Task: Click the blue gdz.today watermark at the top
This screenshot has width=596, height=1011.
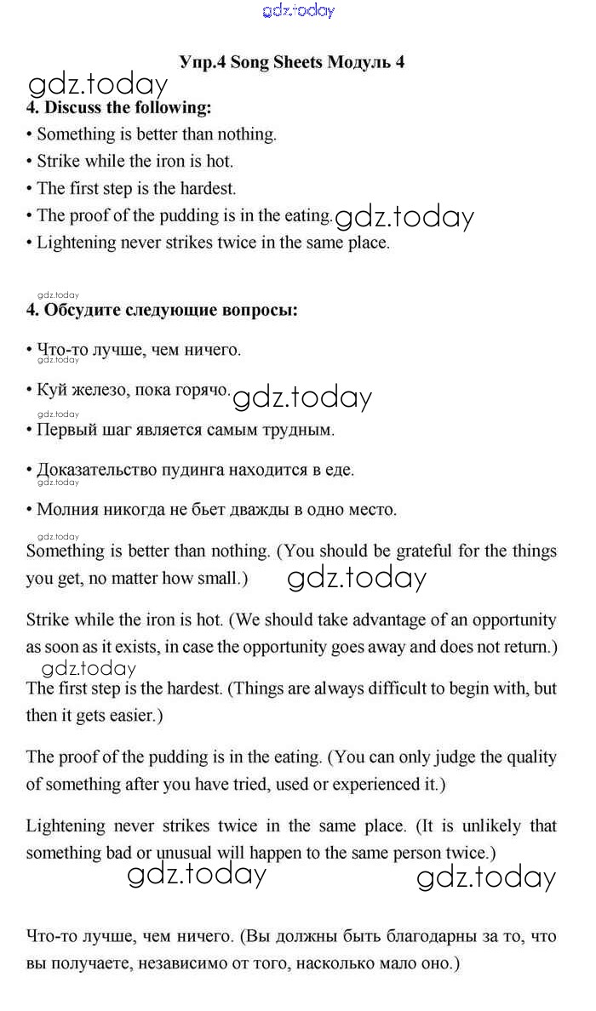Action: click(x=299, y=10)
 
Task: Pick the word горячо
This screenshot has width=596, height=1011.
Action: click(x=202, y=390)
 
